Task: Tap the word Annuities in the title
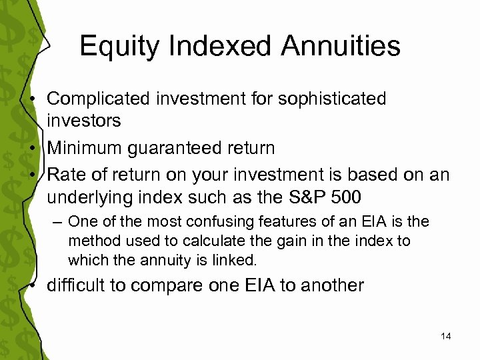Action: [x=335, y=46]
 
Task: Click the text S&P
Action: [x=305, y=198]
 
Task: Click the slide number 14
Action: [x=446, y=337]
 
